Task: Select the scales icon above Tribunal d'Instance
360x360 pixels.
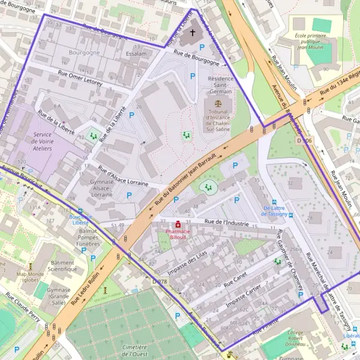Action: (x=217, y=104)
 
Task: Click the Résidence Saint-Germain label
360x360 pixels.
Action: (x=220, y=85)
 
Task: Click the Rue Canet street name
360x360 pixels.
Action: (x=235, y=280)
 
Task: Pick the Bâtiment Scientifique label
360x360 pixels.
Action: (x=63, y=266)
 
